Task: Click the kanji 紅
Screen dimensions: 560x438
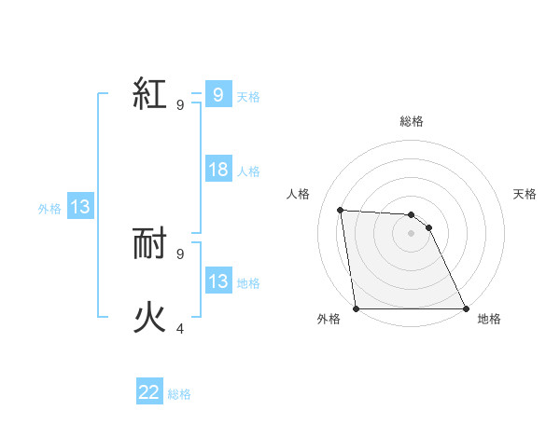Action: [x=150, y=94]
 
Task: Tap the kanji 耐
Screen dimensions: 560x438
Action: [x=150, y=244]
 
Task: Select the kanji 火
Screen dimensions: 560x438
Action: [x=150, y=318]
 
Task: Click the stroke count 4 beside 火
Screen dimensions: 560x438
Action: [x=180, y=329]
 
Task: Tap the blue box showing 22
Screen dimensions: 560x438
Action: [x=149, y=392]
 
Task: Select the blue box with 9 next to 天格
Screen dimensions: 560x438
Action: [x=218, y=94]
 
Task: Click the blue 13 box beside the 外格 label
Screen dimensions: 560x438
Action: [x=80, y=207]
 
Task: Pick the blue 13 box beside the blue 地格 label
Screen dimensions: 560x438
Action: [x=218, y=281]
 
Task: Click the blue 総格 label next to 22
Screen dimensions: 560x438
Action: [x=179, y=394]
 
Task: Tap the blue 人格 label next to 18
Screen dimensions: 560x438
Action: [x=248, y=171]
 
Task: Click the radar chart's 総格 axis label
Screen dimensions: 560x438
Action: [x=411, y=122]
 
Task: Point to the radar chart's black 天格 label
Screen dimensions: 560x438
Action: [x=525, y=194]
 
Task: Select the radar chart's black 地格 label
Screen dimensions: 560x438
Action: [x=489, y=320]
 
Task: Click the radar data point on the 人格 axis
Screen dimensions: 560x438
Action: [x=341, y=210]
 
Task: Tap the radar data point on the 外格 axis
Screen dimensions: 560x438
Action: [x=357, y=308]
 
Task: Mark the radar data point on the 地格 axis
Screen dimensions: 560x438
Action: [x=465, y=308]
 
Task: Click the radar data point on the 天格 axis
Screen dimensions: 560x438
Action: [x=428, y=227]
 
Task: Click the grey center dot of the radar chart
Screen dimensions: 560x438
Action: [x=411, y=233]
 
